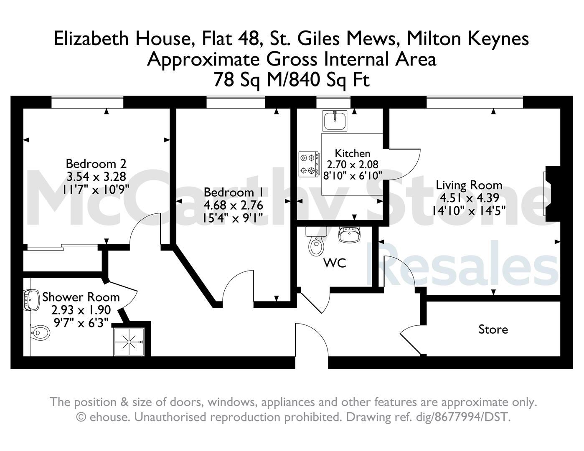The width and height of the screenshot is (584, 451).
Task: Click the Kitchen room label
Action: tap(352, 154)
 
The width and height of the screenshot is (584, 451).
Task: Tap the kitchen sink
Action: tap(335, 121)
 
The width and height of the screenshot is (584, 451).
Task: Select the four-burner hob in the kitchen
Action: tap(309, 164)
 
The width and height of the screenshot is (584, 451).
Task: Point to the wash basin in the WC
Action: tap(349, 235)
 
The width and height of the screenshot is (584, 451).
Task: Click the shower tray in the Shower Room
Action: tap(129, 342)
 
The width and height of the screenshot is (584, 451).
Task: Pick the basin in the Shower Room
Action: tap(31, 300)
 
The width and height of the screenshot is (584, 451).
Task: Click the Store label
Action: tap(493, 329)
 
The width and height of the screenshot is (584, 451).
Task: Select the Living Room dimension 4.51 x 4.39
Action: tap(469, 198)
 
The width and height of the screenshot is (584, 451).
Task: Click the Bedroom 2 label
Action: tap(96, 164)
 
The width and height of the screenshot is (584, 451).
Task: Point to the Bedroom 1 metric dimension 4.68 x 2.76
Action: tap(233, 205)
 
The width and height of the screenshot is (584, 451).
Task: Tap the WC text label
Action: tap(335, 263)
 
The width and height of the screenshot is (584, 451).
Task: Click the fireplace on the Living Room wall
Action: tap(552, 194)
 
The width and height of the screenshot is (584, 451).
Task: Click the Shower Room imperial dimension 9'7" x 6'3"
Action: tap(81, 323)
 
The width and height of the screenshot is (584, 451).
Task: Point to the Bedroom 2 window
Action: tap(87, 102)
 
